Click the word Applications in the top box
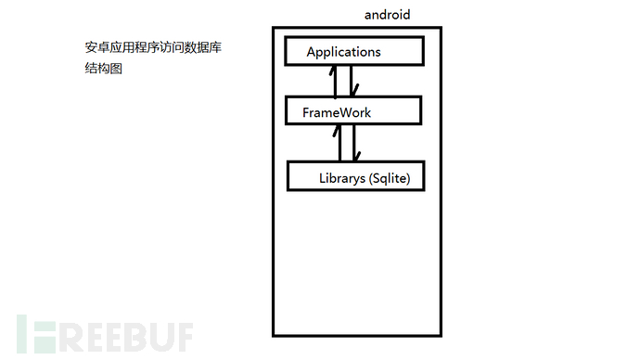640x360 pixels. (x=343, y=52)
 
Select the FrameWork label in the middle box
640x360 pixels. (x=337, y=112)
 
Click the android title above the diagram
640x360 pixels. (x=387, y=15)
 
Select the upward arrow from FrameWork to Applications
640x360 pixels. (x=336, y=82)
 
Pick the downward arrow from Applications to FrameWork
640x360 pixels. (x=352, y=82)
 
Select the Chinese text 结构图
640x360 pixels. (x=104, y=68)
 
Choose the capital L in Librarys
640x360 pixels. (x=322, y=176)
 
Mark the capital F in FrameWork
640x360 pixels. (x=306, y=112)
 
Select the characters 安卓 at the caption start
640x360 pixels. (x=96, y=47)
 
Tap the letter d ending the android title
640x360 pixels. (x=405, y=15)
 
